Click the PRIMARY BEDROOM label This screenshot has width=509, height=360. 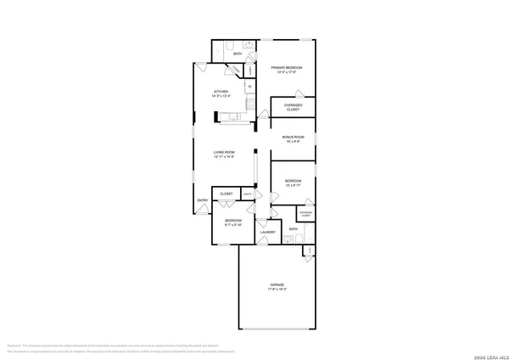coord(287,67)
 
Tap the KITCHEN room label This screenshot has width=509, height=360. coord(221,91)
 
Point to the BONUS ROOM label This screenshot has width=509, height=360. coord(293,136)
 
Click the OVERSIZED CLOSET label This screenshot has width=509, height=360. coord(293,107)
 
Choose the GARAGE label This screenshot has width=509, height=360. coord(277,284)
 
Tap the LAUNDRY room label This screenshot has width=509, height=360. coord(267,232)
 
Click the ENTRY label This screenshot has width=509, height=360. coord(203,200)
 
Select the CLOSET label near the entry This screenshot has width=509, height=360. coord(227,194)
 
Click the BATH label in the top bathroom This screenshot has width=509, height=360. coord(238,54)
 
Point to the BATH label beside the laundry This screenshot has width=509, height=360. coord(294,229)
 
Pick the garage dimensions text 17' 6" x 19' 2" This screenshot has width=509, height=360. coord(277,290)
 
